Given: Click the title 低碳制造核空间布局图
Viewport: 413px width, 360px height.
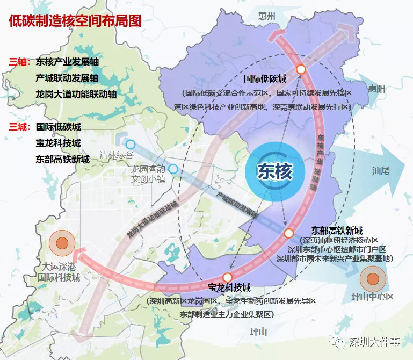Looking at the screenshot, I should [75, 21].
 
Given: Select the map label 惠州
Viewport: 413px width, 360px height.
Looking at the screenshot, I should [266, 17].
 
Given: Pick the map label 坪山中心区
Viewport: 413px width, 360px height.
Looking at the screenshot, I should [373, 297].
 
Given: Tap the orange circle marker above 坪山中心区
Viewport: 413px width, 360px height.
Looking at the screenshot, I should [373, 278].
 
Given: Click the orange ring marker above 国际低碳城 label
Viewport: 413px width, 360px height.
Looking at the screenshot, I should [301, 69].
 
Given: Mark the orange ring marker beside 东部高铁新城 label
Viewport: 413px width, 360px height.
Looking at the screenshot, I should [288, 233].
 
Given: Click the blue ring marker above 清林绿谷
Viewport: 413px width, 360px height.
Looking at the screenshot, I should [130, 144].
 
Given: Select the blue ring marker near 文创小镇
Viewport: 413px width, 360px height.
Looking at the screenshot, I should [173, 169].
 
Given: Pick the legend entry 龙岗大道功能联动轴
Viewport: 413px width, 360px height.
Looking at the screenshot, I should [76, 94].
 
